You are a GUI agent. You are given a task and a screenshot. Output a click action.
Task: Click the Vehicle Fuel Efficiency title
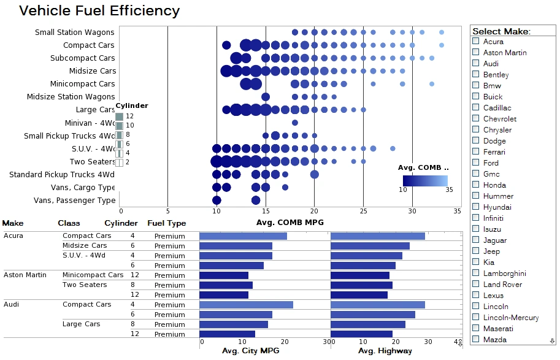point(99,10)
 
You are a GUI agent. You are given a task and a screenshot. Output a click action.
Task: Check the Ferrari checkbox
point(475,151)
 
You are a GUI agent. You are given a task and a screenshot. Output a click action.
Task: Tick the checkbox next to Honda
point(475,185)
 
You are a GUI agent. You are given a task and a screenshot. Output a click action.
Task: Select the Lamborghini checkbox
point(475,273)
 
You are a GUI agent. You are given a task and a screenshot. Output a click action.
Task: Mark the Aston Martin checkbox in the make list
point(475,52)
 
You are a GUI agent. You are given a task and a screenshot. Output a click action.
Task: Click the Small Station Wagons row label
point(74,32)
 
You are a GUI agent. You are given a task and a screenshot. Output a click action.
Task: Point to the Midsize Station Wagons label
point(71,96)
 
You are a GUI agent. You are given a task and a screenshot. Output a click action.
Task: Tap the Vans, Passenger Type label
point(74,200)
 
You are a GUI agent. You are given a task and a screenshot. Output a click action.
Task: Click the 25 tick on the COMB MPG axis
point(363,211)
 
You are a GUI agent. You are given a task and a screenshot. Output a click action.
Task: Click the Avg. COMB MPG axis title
point(290,222)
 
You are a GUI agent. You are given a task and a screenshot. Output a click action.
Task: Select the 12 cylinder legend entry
point(120,116)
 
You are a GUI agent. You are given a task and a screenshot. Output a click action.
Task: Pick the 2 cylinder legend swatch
point(120,163)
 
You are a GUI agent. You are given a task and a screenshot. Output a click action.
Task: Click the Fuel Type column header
point(166,223)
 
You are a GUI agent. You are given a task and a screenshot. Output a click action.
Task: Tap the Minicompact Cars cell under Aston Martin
point(93,275)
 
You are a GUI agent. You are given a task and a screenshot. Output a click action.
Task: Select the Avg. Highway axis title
point(385,351)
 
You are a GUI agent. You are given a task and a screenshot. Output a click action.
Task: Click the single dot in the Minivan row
point(295,123)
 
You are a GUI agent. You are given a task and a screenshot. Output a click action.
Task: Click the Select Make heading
point(501,31)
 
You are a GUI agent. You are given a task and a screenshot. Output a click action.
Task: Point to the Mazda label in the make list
point(494,339)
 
